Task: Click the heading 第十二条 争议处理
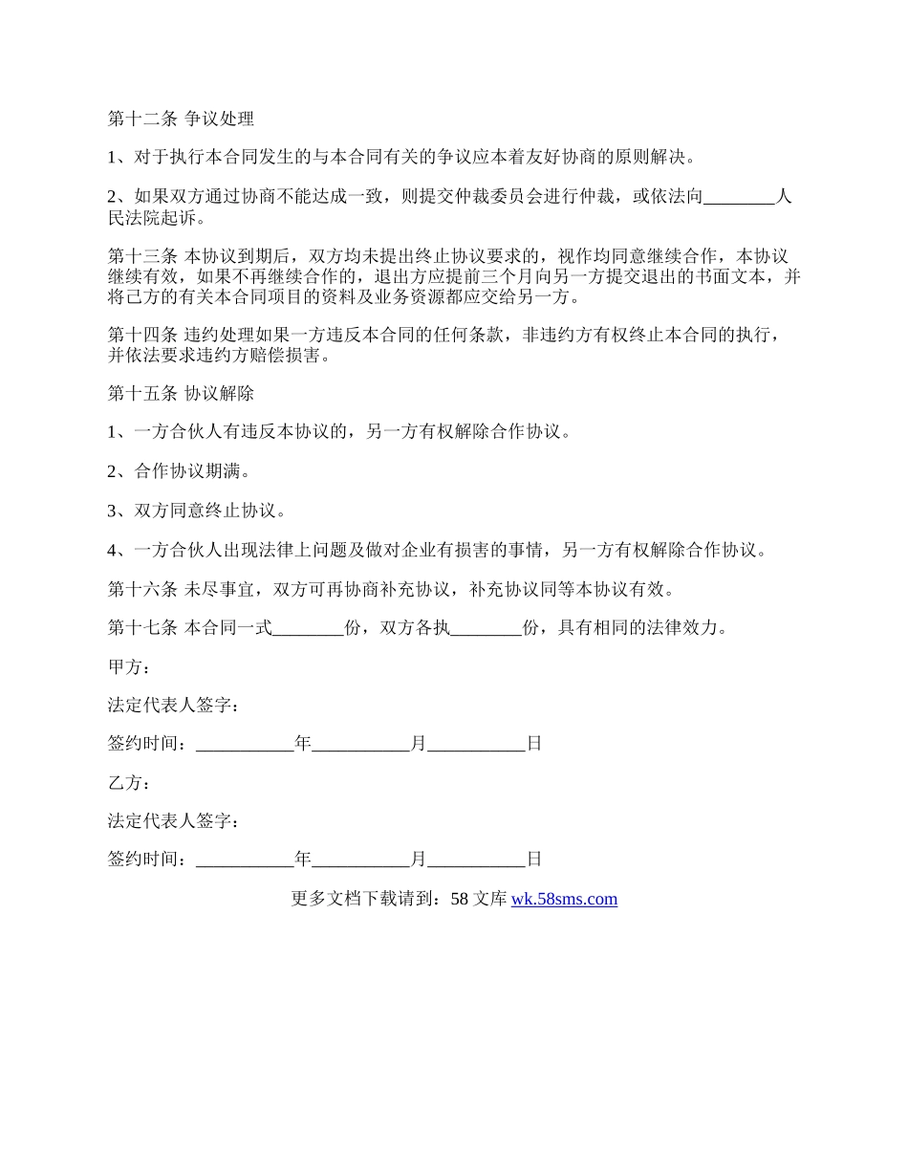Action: (181, 120)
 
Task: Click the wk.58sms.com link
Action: (564, 899)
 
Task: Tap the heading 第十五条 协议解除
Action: (181, 394)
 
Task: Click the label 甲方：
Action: (129, 667)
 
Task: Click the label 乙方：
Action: (129, 783)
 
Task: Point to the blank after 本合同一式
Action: (308, 628)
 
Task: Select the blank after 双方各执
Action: (486, 628)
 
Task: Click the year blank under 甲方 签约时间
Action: (245, 744)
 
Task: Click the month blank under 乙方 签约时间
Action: (361, 860)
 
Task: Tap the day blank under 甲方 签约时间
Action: (477, 744)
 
